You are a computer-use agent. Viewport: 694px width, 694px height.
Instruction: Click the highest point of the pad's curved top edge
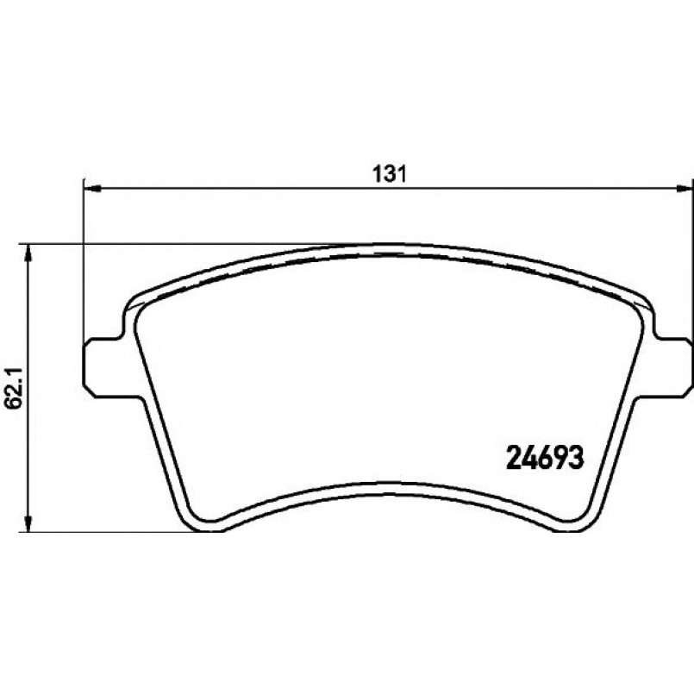tap(388, 245)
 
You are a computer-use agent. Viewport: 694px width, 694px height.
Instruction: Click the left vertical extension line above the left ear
tap(84, 259)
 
